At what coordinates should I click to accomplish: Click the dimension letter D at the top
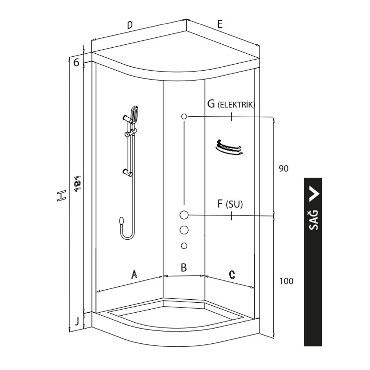[x=130, y=25]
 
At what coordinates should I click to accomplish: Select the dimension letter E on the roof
[x=220, y=24]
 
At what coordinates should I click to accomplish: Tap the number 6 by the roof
[x=76, y=63]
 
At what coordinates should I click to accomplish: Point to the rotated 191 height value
[x=78, y=184]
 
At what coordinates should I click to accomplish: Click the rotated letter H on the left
[x=61, y=196]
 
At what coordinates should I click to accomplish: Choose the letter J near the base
[x=77, y=321]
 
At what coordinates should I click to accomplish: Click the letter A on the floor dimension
[x=134, y=274]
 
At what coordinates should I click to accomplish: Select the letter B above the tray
[x=184, y=268]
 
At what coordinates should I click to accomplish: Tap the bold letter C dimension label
[x=232, y=275]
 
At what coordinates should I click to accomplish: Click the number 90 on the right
[x=284, y=168]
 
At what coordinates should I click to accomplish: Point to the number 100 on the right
[x=286, y=281]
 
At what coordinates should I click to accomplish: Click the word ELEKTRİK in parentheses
[x=236, y=105]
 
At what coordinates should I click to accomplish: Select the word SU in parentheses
[x=234, y=204]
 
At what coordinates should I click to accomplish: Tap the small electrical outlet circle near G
[x=184, y=116]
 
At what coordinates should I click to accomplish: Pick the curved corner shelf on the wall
[x=229, y=148]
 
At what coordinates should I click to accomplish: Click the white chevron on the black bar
[x=314, y=193]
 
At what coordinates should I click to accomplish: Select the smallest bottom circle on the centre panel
[x=184, y=246]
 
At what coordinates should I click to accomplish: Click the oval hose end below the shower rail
[x=121, y=221]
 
